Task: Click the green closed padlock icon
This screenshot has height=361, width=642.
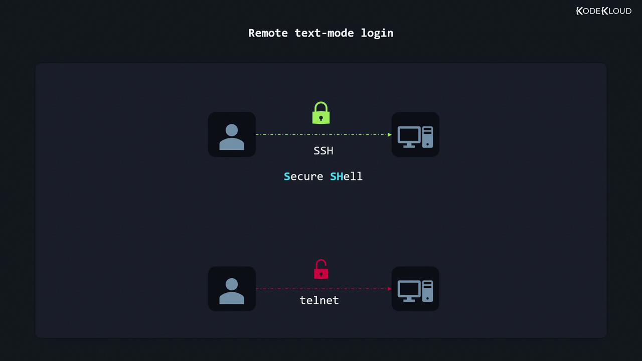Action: (321, 113)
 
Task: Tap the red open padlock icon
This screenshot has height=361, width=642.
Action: (321, 270)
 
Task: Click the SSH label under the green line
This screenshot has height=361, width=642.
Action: (323, 150)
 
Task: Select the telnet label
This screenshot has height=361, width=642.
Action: (319, 300)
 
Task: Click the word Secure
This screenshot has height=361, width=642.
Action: (303, 176)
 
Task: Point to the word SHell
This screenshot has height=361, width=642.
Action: (346, 176)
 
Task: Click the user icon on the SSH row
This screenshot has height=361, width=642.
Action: (232, 135)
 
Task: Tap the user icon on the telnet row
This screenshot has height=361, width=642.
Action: (232, 289)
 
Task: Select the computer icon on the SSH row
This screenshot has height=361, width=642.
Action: (415, 135)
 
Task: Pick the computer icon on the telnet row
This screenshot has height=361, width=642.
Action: (415, 289)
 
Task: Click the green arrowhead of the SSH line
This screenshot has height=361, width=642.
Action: (390, 134)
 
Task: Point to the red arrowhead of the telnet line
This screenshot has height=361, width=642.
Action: (390, 289)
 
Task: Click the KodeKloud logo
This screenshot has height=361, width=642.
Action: (604, 11)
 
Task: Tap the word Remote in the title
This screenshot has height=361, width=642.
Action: (268, 33)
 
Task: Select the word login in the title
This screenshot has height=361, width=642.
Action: (377, 33)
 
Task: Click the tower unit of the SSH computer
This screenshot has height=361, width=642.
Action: (427, 137)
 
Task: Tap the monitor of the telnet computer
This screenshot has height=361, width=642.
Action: (409, 289)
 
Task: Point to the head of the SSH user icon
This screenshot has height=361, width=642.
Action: (232, 130)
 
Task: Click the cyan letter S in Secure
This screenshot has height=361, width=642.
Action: (287, 176)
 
